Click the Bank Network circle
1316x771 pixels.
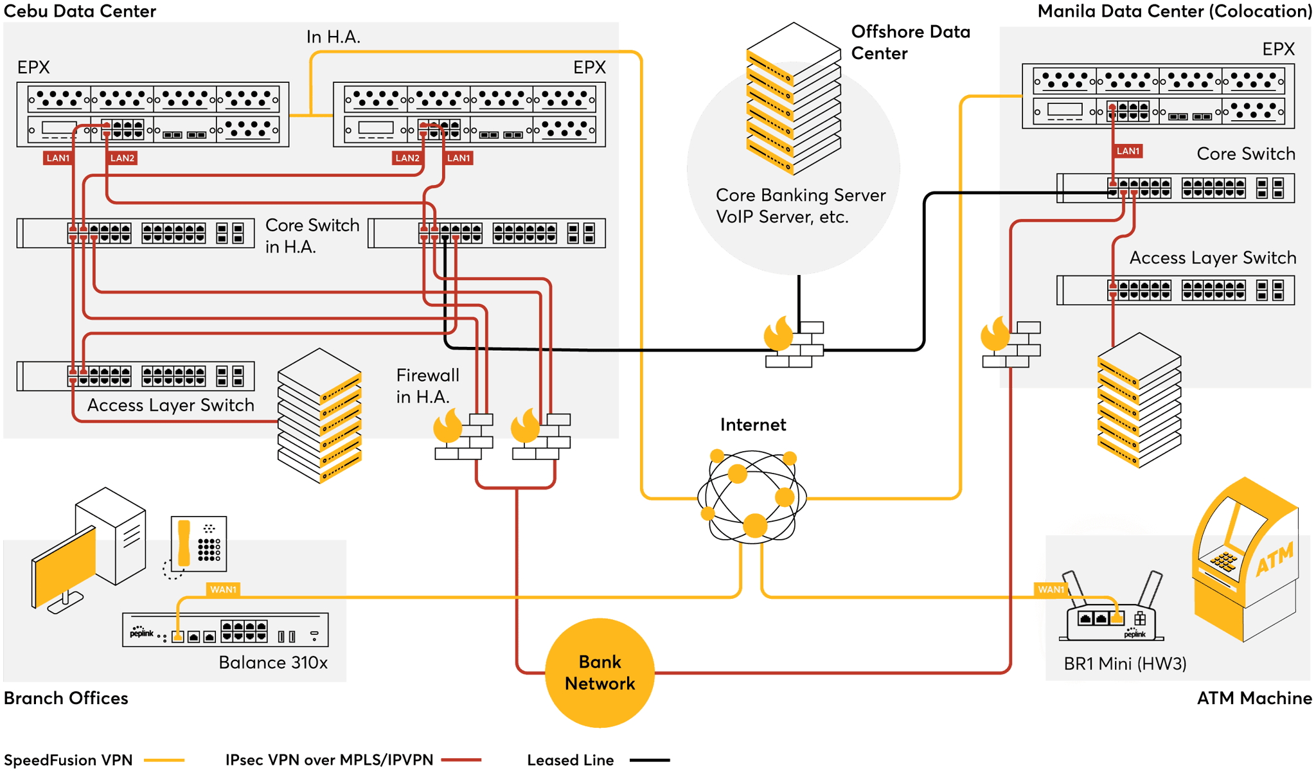tap(600, 673)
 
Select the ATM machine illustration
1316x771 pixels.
tap(1245, 559)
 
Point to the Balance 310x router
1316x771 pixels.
tap(225, 630)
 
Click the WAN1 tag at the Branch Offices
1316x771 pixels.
tap(223, 589)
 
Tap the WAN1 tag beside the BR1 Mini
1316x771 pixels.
tap(1051, 589)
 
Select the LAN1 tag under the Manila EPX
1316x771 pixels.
tap(1128, 151)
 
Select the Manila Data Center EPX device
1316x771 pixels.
tap(1158, 96)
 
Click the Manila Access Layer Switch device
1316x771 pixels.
tap(1175, 290)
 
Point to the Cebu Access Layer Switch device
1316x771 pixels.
tap(136, 376)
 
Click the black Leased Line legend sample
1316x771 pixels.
tap(650, 760)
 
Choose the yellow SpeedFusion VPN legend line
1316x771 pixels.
tap(164, 760)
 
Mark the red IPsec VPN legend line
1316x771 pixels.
tap(461, 760)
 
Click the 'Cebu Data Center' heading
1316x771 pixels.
tap(80, 11)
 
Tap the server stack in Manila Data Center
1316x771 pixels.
tap(1139, 400)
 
